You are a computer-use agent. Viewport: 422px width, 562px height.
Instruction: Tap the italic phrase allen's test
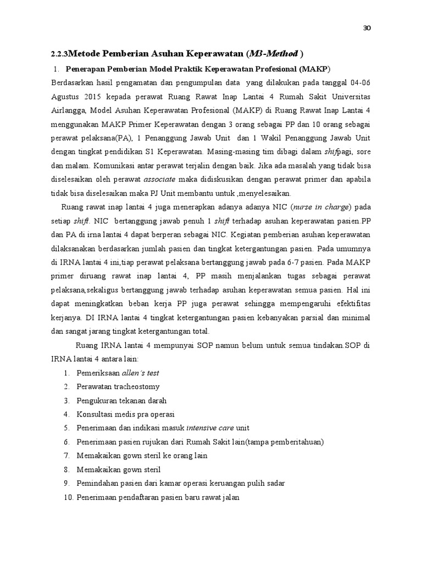(x=140, y=373)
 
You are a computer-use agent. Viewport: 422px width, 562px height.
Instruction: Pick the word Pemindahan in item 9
(x=97, y=484)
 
